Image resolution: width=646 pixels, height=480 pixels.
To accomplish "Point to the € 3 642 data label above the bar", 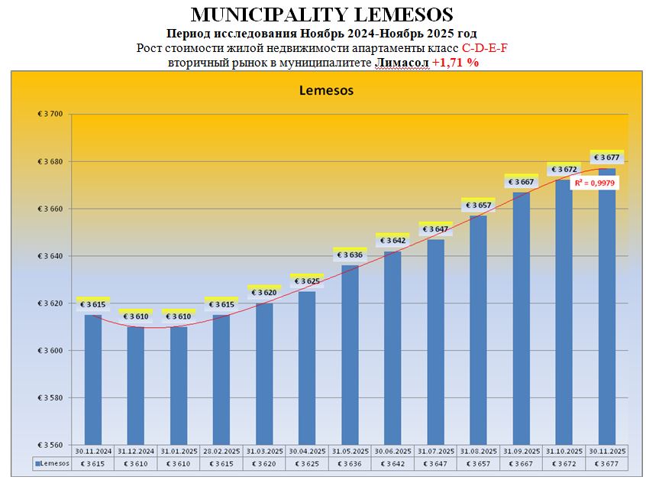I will tap(392, 241).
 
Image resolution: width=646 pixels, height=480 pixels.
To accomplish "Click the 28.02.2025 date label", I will tap(221, 451).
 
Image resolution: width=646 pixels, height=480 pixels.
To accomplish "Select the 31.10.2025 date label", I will tap(564, 451).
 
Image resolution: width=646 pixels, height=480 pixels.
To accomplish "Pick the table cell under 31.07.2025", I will tap(435, 463).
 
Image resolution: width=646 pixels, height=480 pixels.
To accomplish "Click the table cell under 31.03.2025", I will tap(264, 463).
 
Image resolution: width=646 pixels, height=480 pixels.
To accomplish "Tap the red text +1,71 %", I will tap(456, 63).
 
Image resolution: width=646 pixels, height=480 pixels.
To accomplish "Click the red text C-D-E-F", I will tap(485, 48).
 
